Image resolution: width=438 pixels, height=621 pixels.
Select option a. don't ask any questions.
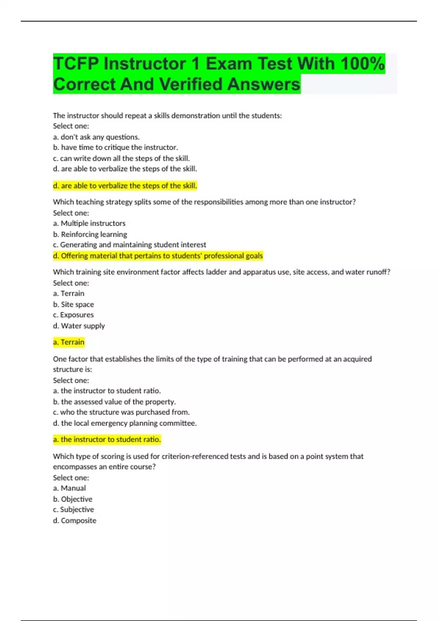pyautogui.click(x=96, y=137)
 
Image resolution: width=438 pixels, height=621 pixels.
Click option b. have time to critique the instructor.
pyautogui.click(x=115, y=148)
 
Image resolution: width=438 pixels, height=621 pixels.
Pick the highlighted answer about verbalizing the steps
pyautogui.click(x=125, y=186)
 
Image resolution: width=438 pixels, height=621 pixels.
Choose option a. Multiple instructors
pyautogui.click(x=89, y=223)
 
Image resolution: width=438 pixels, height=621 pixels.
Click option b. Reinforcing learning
pyautogui.click(x=90, y=234)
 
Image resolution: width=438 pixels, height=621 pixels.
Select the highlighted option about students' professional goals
pyautogui.click(x=158, y=256)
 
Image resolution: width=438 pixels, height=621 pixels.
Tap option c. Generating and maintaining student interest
pyautogui.click(x=130, y=245)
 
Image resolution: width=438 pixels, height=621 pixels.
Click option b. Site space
pyautogui.click(x=73, y=304)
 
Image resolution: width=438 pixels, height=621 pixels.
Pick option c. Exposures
pyautogui.click(x=73, y=315)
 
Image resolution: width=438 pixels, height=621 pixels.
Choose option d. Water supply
pyautogui.click(x=79, y=326)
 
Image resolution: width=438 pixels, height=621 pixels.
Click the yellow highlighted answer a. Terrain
pyautogui.click(x=69, y=342)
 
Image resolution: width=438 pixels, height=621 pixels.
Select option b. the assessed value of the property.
pyautogui.click(x=114, y=402)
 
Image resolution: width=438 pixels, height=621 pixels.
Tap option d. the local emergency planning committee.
pyautogui.click(x=125, y=423)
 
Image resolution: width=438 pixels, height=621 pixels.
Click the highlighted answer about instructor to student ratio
pyautogui.click(x=107, y=439)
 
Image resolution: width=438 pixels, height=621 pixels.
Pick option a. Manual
pyautogui.click(x=69, y=488)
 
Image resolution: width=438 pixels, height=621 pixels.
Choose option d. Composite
pyautogui.click(x=75, y=521)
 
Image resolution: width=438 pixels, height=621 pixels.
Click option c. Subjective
pyautogui.click(x=73, y=510)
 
